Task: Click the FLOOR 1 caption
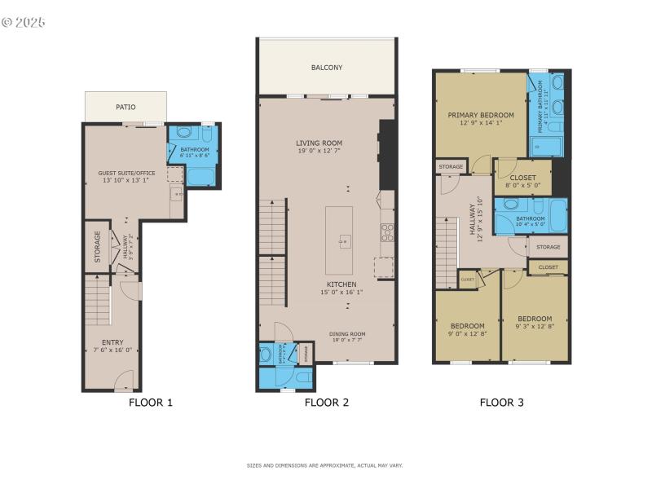(151, 402)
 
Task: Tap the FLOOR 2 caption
(327, 402)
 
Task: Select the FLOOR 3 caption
(502, 402)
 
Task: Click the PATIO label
(126, 107)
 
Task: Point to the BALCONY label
(327, 68)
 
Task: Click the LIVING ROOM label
(319, 143)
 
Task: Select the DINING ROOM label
(347, 333)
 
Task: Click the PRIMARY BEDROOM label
(481, 115)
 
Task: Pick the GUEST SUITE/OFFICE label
(126, 173)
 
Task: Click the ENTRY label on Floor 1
(112, 342)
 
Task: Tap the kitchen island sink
(345, 240)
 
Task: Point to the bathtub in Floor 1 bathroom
(199, 176)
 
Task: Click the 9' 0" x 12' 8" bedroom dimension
(468, 333)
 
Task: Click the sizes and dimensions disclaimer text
(324, 465)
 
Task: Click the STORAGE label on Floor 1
(97, 245)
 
